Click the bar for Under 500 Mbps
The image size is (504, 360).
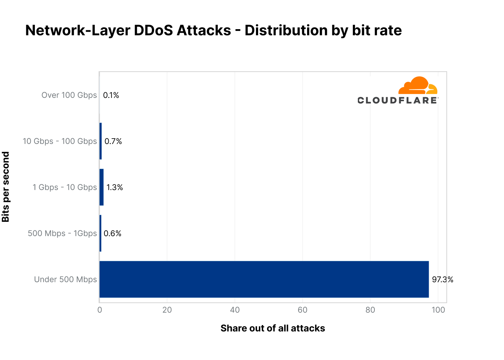click(264, 279)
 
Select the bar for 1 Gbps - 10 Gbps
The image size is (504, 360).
click(102, 187)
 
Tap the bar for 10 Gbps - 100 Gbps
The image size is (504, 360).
click(100, 141)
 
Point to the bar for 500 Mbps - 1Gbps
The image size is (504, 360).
click(100, 233)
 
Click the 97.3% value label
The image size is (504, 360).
click(442, 279)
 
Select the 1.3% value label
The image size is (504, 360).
click(114, 187)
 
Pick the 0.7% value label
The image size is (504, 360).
click(113, 141)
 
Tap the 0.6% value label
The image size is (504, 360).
click(112, 233)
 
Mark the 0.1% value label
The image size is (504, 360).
click(111, 95)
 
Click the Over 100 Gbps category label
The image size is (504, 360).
click(69, 95)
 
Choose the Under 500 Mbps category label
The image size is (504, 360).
click(66, 279)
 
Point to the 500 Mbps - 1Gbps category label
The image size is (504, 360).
click(62, 233)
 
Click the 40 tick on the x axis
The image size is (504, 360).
click(235, 310)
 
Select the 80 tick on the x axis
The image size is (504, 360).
click(370, 310)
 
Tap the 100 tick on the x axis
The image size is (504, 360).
click(438, 310)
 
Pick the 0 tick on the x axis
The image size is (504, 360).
click(99, 310)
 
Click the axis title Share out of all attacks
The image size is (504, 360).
click(273, 328)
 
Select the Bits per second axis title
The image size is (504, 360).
click(6, 187)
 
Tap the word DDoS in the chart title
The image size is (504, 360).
click(153, 31)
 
